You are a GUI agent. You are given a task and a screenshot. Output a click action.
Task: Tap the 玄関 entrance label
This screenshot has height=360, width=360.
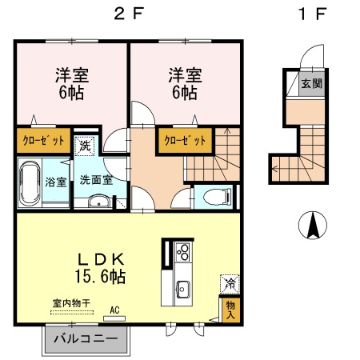coord(311,82)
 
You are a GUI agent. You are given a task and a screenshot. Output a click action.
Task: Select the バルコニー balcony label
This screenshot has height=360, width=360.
coord(85,338)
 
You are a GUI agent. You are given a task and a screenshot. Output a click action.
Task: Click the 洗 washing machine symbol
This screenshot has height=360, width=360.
coord(84,147)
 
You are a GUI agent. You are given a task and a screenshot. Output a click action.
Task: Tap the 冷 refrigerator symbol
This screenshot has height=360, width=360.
coord(230,282)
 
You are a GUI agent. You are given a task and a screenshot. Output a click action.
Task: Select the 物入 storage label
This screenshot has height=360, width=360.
coord(230,308)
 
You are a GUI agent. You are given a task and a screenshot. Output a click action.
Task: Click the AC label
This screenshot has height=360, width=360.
coord(114,310)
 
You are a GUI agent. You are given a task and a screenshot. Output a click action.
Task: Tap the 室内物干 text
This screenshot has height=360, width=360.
coord(70,302)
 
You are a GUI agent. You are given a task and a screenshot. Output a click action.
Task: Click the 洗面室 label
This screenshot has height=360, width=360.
coord(101,180)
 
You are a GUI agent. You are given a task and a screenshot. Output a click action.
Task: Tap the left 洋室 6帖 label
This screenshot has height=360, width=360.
coord(71,84)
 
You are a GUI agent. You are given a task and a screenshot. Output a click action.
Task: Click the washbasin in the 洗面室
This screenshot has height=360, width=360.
coord(98,201)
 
